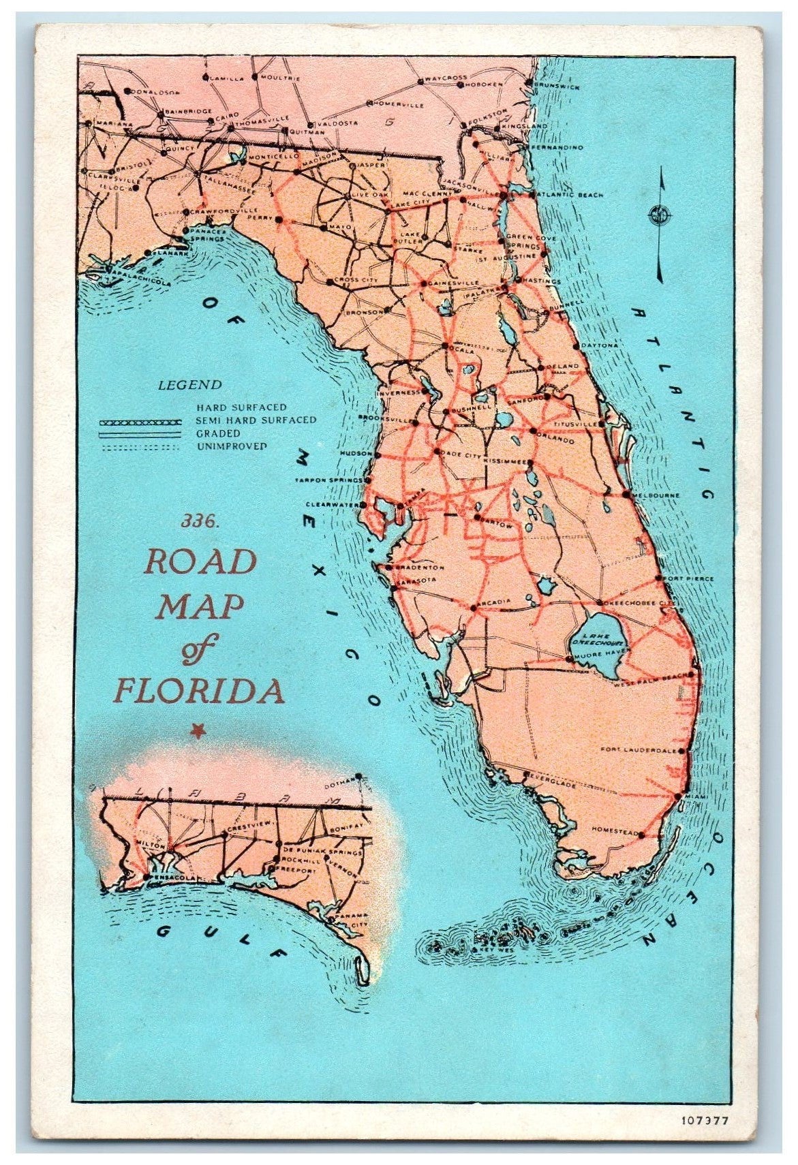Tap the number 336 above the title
click(x=199, y=521)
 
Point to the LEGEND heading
click(x=189, y=385)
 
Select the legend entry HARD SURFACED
click(x=241, y=407)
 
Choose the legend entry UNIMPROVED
click(x=231, y=446)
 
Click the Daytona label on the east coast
click(x=599, y=345)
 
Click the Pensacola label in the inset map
click(x=173, y=877)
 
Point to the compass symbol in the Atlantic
click(x=658, y=215)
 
